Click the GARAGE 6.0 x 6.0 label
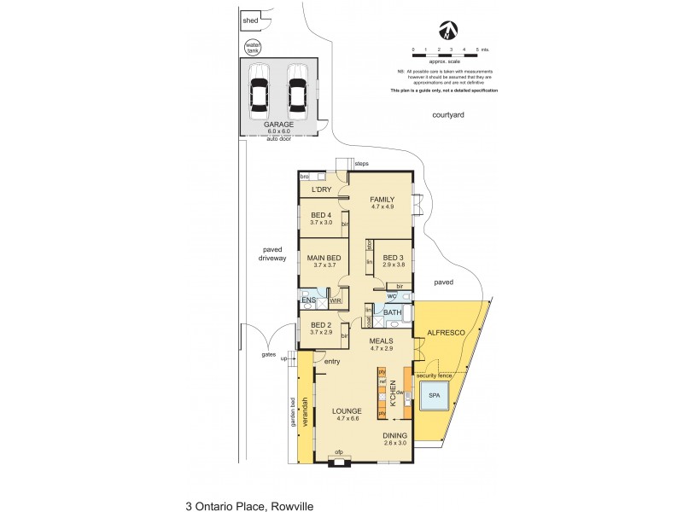pyautogui.click(x=279, y=127)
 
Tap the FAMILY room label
pyautogui.click(x=382, y=202)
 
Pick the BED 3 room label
pyautogui.click(x=393, y=261)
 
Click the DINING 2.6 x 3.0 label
pyautogui.click(x=394, y=439)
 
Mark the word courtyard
pyautogui.click(x=447, y=115)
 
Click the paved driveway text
pyautogui.click(x=271, y=253)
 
